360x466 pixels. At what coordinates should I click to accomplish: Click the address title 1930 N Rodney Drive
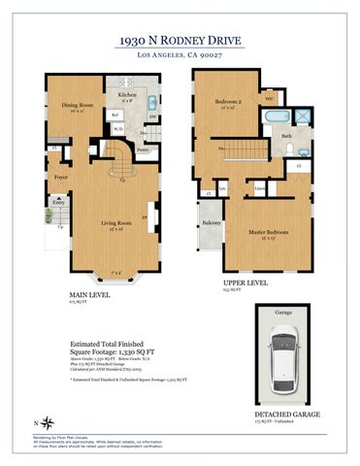click(180, 40)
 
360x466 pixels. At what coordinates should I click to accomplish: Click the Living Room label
click(116, 223)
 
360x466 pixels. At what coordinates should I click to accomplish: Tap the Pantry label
click(143, 150)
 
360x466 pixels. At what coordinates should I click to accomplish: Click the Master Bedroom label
click(263, 232)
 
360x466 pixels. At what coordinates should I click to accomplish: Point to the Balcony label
click(212, 223)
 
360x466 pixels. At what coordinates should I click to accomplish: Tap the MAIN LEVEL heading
click(88, 293)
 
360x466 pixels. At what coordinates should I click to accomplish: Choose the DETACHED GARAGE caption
click(288, 414)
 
